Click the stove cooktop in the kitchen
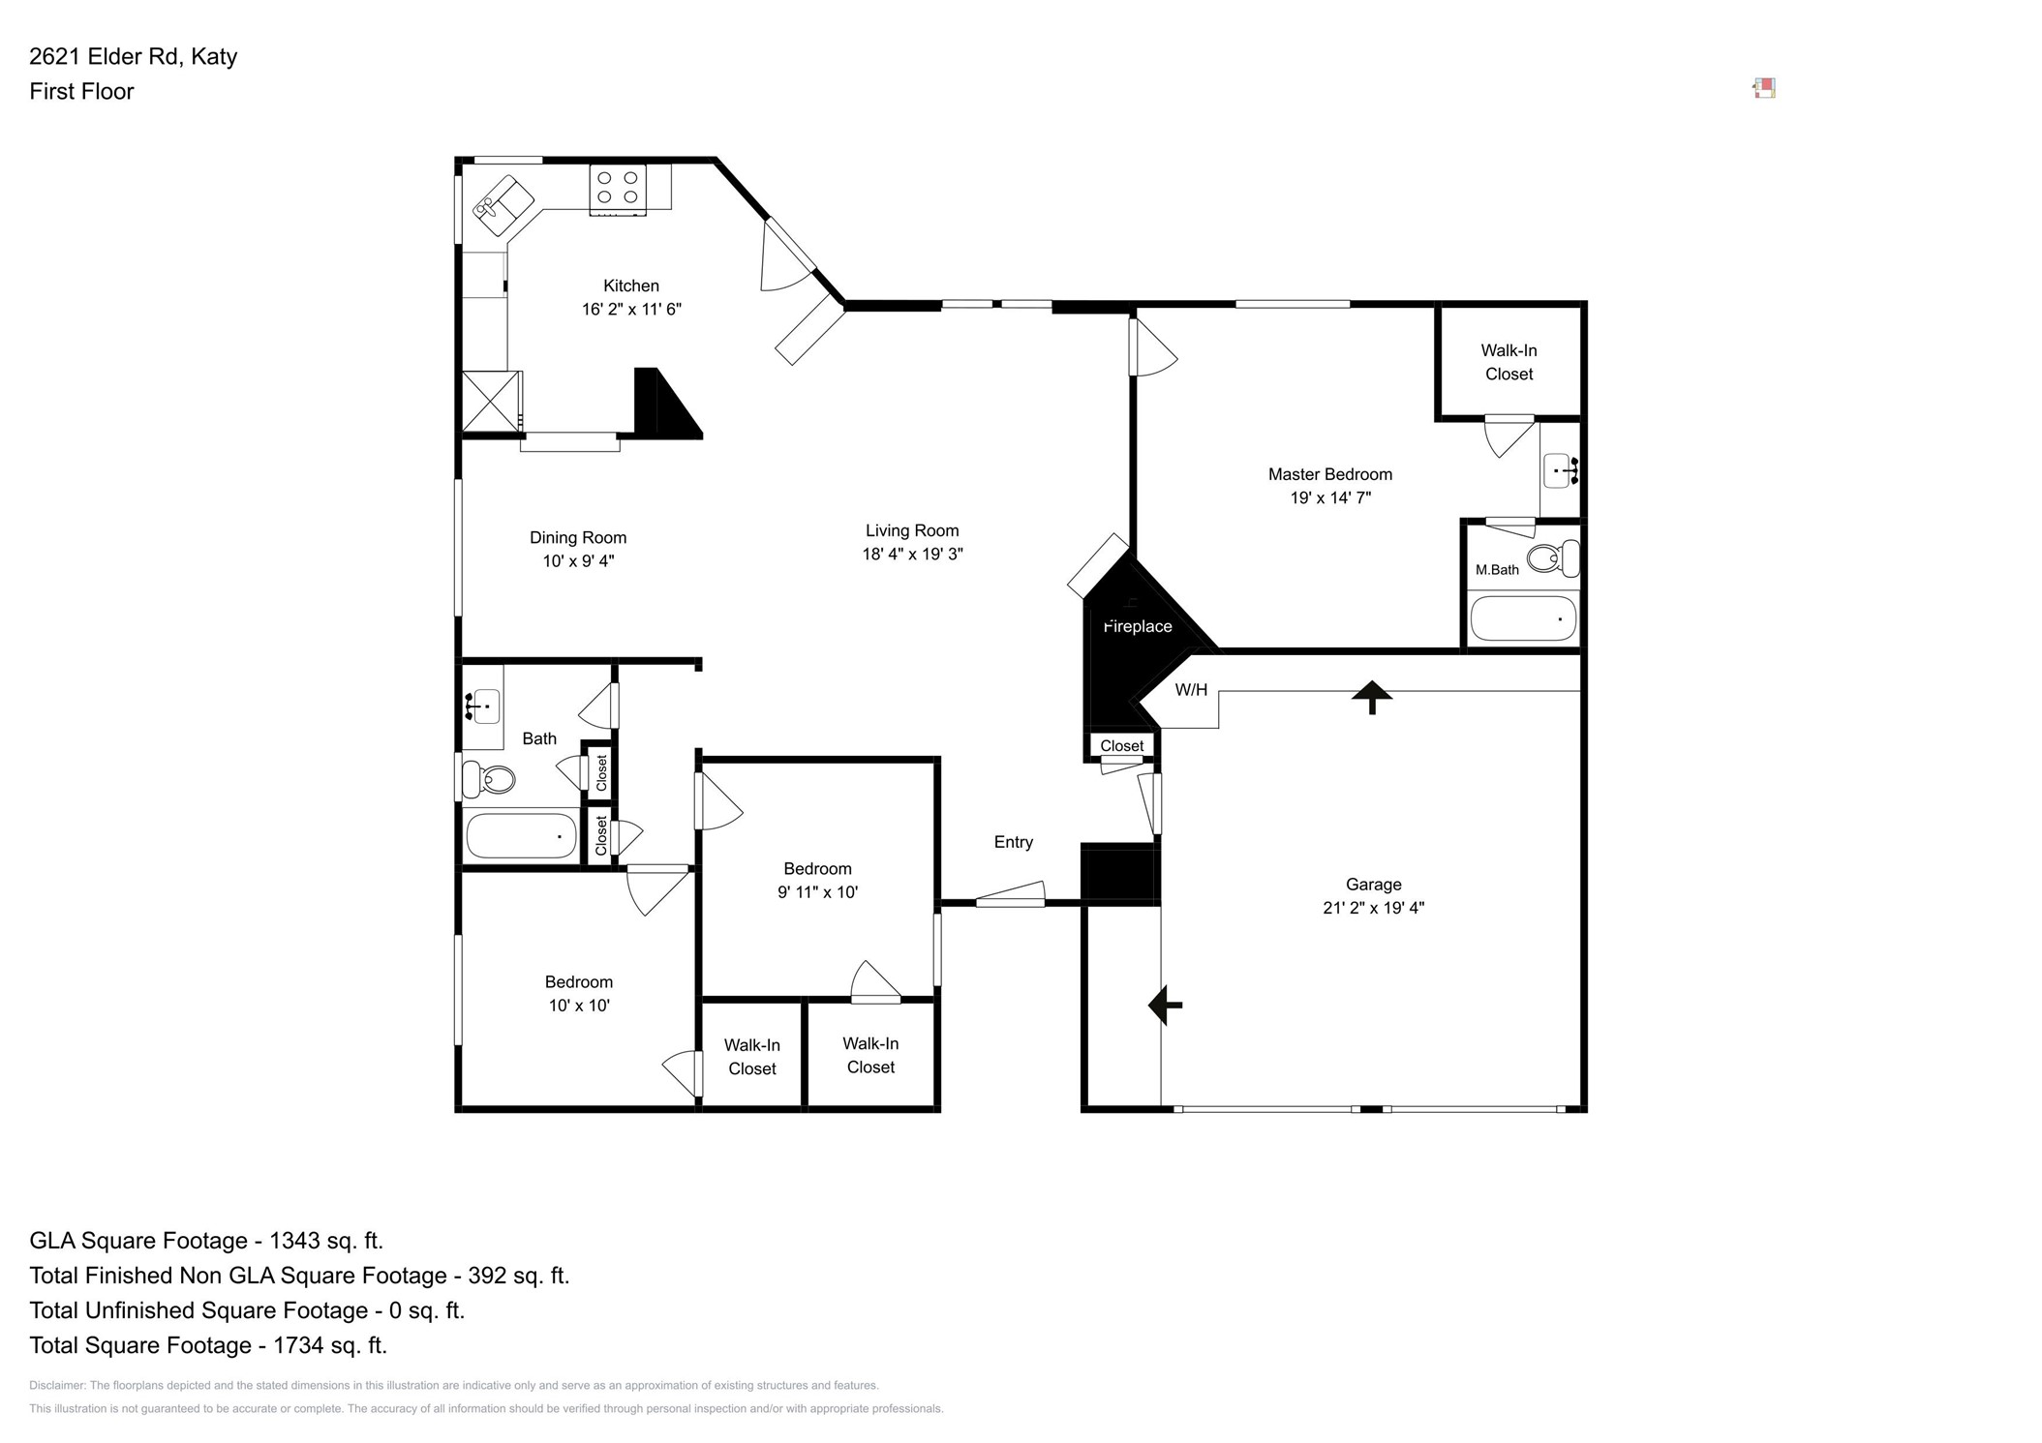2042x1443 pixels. coord(618,188)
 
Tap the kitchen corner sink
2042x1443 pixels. coord(502,204)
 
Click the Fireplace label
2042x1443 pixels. coord(1137,626)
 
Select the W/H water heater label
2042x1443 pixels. coord(1190,689)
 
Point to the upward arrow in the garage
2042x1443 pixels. coord(1371,696)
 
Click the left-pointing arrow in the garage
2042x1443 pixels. coord(1164,1005)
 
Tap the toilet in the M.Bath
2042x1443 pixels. coord(1550,558)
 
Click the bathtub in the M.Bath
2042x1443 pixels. coord(1522,618)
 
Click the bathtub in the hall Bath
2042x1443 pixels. coord(521,835)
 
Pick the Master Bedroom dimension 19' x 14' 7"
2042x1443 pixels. coord(1329,497)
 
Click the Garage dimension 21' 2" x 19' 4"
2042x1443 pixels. coord(1372,907)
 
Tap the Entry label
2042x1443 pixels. coord(1013,841)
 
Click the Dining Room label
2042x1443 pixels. coord(577,537)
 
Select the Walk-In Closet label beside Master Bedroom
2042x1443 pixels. coord(1508,362)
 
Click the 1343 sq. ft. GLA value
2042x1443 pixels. coord(325,1240)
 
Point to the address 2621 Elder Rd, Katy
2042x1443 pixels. coord(133,56)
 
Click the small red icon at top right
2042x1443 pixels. coord(1763,89)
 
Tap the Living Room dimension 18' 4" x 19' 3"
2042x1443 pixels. coord(911,554)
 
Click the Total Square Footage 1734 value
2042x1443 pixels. coord(329,1344)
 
